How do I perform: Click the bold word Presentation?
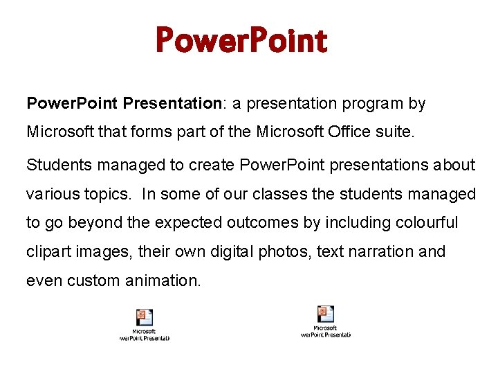pos(172,104)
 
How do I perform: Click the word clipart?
pos(48,252)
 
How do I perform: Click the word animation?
pos(166,281)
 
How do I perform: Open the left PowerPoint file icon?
pos(145,318)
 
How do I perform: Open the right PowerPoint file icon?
pos(325,314)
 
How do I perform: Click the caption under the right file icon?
pos(325,331)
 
